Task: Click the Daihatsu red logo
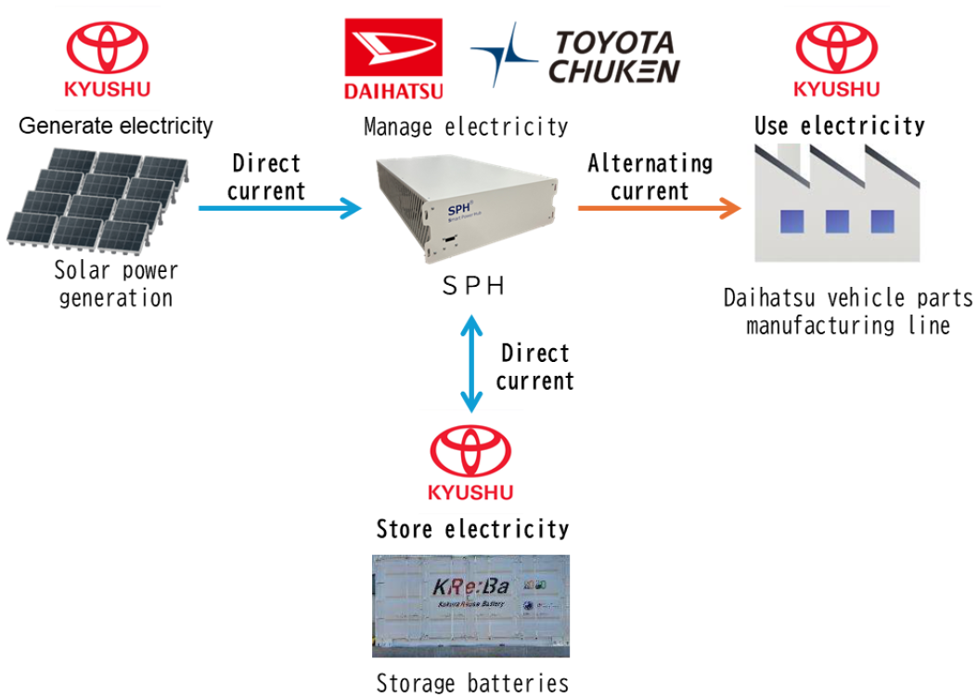point(393,58)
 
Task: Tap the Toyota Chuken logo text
point(613,57)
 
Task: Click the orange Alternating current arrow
point(659,208)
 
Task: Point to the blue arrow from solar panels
point(279,208)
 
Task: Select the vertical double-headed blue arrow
point(472,363)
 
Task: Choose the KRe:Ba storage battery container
point(470,605)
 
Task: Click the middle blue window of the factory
point(837,222)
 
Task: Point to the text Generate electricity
point(116,125)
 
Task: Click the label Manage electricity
point(466,126)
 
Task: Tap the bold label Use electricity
point(840,125)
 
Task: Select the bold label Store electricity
point(472,529)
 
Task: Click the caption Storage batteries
point(472,684)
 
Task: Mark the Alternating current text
point(650,177)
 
